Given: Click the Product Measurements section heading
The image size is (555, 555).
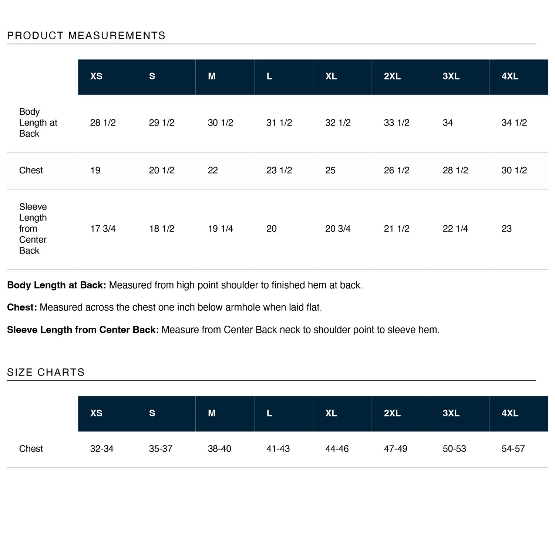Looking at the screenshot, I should [86, 36].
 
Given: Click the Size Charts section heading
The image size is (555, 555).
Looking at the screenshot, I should [46, 372].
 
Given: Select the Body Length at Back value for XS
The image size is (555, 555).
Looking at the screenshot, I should [103, 123].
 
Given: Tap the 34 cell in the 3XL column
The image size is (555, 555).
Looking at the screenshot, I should [448, 123].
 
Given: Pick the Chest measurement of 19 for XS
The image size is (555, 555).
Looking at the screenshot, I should [95, 170].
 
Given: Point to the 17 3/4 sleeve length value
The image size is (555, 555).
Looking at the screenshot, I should [103, 229].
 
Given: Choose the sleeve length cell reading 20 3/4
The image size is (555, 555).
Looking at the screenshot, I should [338, 229].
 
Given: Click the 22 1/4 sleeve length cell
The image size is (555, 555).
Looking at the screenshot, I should [455, 229].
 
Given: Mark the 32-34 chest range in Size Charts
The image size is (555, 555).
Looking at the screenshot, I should [102, 449].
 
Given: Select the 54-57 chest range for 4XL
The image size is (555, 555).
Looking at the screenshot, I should [513, 449].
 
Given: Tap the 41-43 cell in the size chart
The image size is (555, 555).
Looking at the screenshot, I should [278, 449].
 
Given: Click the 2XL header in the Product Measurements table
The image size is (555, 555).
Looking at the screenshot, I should [392, 76].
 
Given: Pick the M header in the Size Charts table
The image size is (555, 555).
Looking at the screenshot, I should [212, 413].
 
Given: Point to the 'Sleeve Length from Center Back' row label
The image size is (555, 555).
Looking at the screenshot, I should [33, 229].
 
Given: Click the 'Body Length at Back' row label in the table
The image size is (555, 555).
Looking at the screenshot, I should [38, 123].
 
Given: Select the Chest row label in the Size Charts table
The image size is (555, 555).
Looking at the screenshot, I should [31, 449].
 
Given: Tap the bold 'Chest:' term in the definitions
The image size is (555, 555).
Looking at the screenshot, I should [22, 307].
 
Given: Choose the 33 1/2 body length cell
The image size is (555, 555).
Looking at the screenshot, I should [397, 123].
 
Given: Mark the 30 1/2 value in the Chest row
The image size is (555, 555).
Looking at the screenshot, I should [514, 170].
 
